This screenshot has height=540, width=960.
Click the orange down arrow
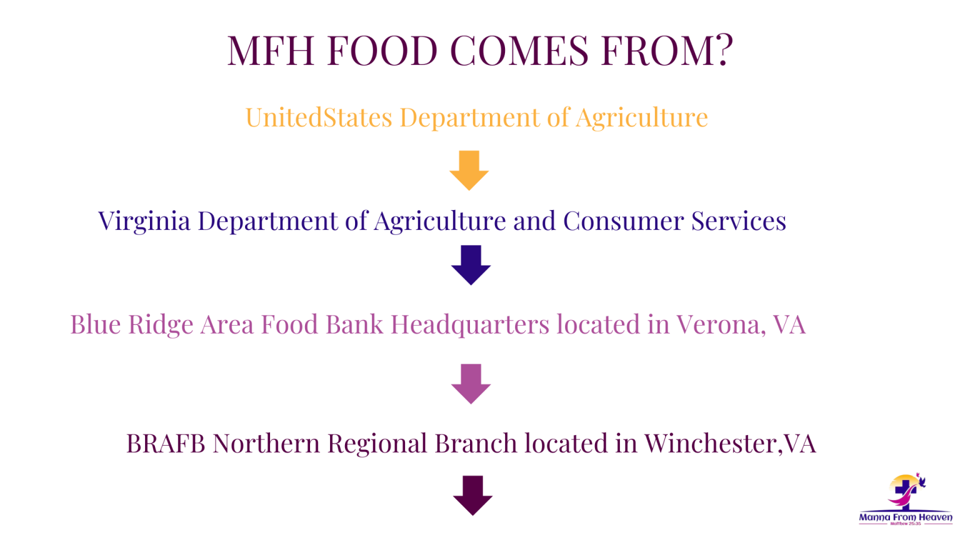469,170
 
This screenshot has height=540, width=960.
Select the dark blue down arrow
471,265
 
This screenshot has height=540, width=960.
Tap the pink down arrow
471,384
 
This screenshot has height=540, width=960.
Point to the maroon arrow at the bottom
472,496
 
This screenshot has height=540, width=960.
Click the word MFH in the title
271,50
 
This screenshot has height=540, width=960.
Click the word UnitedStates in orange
318,117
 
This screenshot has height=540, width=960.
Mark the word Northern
266,443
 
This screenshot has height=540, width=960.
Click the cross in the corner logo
905,494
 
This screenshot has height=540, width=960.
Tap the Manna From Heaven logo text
906,517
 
